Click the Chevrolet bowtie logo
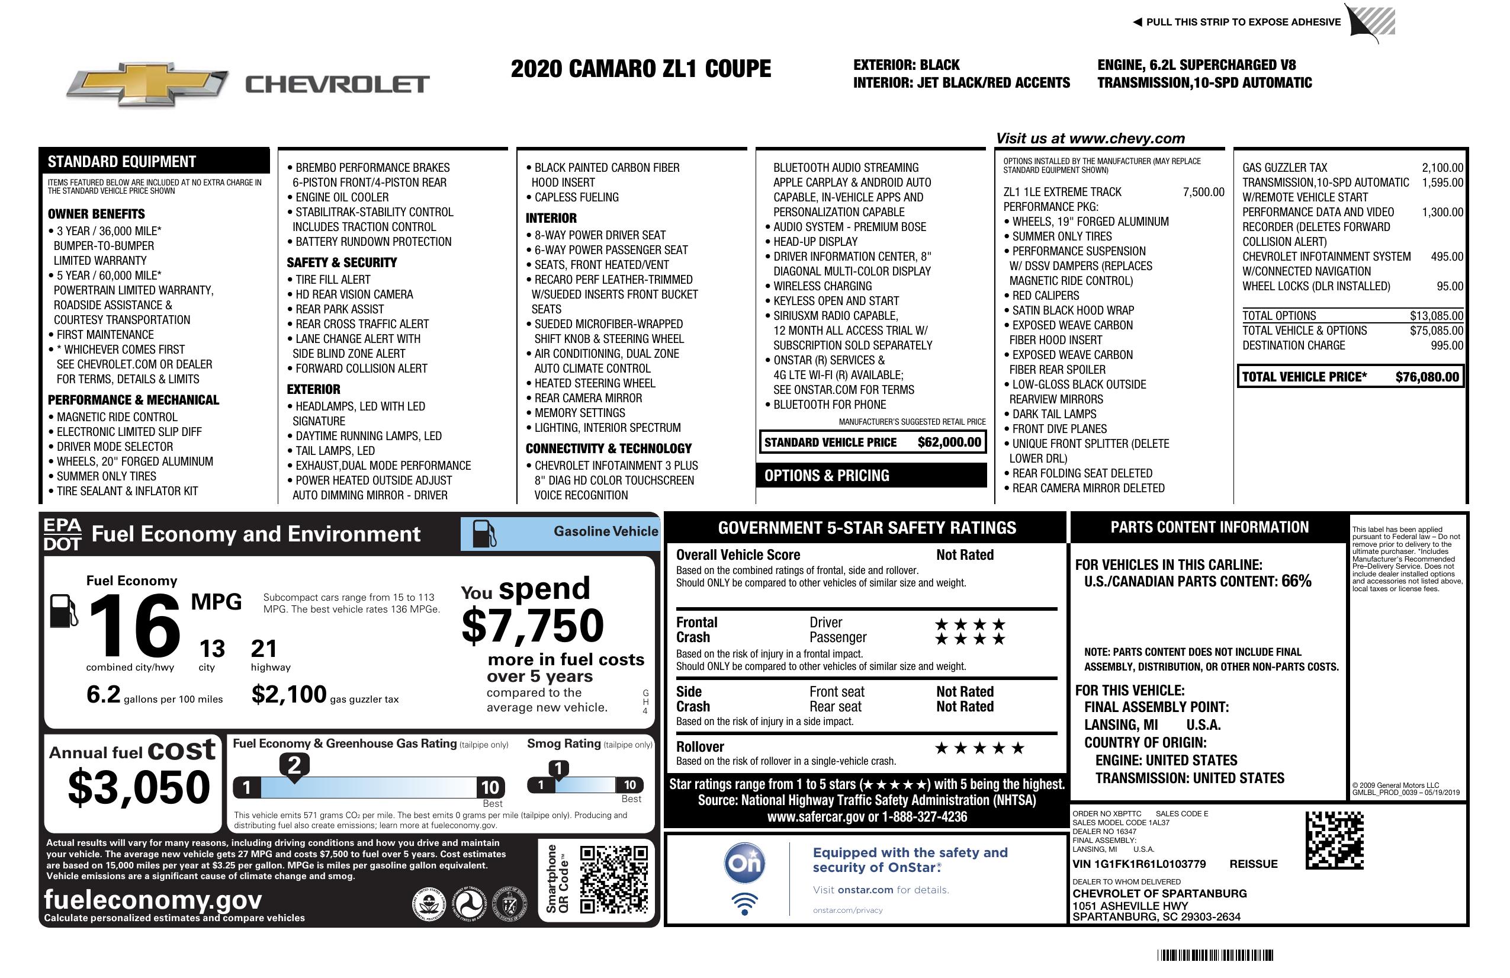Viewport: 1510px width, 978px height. coord(147,84)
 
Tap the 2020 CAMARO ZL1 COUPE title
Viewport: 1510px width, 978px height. coord(641,69)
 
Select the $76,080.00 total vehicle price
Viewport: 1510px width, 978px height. coord(1427,377)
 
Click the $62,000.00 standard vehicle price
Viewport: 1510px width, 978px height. coord(949,442)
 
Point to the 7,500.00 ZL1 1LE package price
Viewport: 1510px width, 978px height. coord(1203,192)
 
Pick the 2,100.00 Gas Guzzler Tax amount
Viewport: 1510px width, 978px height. coord(1442,168)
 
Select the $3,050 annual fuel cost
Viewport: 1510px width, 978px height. coord(139,787)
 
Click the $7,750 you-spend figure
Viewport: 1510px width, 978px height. coord(532,626)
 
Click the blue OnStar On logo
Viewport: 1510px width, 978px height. coord(744,862)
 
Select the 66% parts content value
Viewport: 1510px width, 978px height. coord(1296,581)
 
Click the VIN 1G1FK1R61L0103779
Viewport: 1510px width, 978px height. coord(1139,864)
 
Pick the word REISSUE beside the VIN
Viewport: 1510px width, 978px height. coord(1253,864)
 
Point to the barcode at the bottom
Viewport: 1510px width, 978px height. coord(1215,955)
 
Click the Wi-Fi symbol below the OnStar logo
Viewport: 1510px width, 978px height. coord(744,904)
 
